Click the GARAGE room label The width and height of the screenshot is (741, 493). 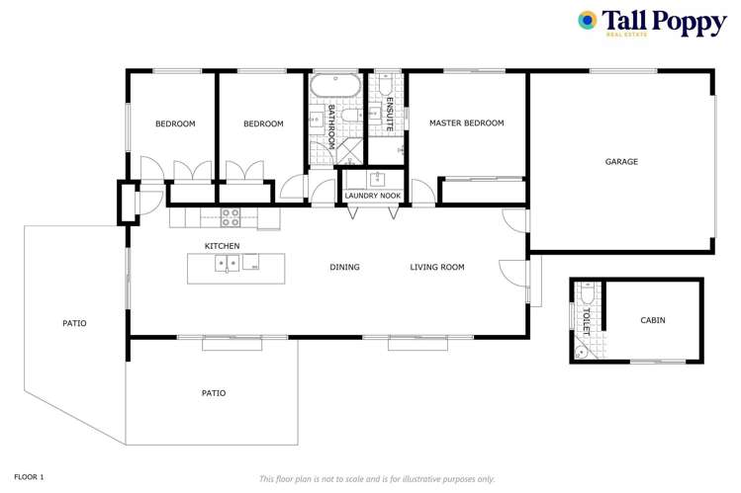click(621, 161)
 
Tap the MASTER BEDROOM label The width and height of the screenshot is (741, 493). click(466, 123)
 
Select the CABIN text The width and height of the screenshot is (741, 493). click(652, 320)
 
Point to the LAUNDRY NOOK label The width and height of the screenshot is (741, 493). click(372, 196)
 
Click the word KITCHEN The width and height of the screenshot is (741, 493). click(222, 246)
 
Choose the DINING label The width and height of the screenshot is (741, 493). click(344, 267)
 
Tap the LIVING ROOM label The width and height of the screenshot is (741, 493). click(437, 267)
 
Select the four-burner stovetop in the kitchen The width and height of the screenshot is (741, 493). click(231, 216)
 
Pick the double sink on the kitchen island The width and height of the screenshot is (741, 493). click(227, 264)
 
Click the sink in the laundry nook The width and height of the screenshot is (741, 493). click(376, 179)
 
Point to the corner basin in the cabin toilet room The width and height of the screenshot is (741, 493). click(580, 351)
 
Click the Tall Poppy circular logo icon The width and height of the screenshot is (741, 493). click(587, 20)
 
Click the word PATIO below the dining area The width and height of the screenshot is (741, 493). click(214, 393)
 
